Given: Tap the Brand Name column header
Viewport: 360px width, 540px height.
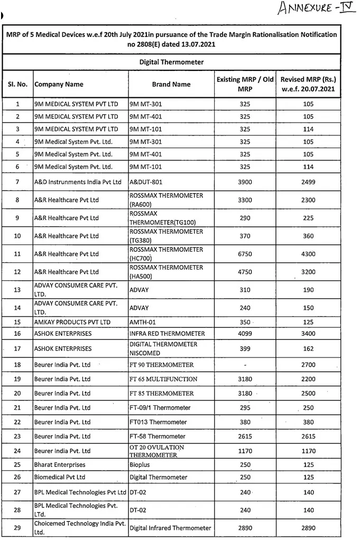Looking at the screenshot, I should pyautogui.click(x=171, y=84).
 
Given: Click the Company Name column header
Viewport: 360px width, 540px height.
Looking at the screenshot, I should pyautogui.click(x=59, y=84).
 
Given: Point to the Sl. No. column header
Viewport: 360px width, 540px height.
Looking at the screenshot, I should pyautogui.click(x=17, y=84).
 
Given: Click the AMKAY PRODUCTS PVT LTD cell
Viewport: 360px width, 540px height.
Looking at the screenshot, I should pyautogui.click(x=72, y=322).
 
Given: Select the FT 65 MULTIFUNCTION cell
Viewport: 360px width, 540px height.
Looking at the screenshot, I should pyautogui.click(x=163, y=379).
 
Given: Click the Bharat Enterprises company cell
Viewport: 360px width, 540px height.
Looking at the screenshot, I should pyautogui.click(x=60, y=465).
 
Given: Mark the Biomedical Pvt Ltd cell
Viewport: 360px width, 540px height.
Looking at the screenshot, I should pyautogui.click(x=60, y=477).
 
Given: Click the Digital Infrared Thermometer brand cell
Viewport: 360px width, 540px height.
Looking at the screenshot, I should pyautogui.click(x=170, y=528).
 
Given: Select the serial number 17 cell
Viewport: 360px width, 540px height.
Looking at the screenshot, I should pyautogui.click(x=17, y=349).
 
